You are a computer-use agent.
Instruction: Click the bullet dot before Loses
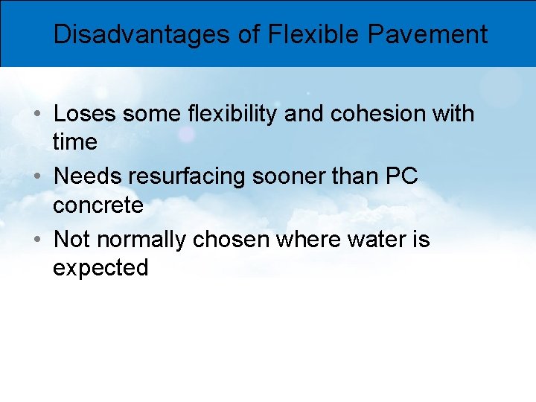coord(36,115)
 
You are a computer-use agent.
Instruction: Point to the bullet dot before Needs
coord(36,177)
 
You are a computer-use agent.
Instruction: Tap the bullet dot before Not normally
coord(36,240)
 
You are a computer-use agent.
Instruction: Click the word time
coord(74,141)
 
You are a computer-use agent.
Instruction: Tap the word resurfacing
coord(178,177)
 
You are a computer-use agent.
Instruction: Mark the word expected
coord(100,268)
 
